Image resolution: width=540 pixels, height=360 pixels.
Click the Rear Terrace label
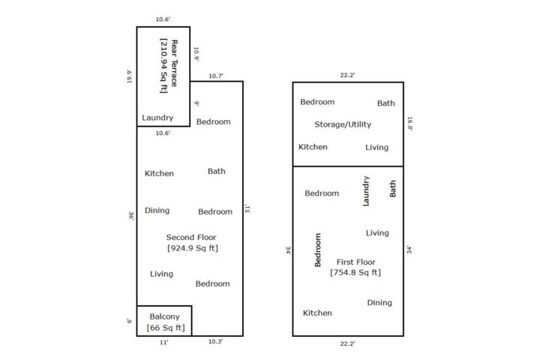tap(174, 63)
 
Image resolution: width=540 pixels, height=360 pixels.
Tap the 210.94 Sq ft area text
tap(163, 65)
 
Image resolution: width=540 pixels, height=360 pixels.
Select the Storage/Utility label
tap(343, 124)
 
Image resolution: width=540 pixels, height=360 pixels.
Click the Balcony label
tap(164, 316)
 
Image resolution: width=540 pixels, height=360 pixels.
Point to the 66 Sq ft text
tap(166, 328)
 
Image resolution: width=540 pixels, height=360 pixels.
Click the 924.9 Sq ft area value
tap(193, 248)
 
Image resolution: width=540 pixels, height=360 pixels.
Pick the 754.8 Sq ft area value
tap(355, 272)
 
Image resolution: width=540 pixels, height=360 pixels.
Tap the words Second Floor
tap(191, 237)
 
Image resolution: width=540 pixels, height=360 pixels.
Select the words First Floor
tap(355, 262)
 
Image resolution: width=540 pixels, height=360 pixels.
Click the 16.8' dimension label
tap(409, 124)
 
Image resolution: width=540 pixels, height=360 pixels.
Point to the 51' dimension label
tap(247, 208)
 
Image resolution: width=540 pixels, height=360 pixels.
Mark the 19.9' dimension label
tap(129, 76)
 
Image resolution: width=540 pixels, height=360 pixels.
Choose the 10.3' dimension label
tap(215, 341)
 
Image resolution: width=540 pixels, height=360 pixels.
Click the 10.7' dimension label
tap(216, 76)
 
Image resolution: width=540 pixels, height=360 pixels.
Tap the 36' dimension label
tap(131, 216)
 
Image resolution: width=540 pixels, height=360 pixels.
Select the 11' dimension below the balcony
tap(164, 343)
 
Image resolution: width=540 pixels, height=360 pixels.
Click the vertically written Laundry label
tap(366, 191)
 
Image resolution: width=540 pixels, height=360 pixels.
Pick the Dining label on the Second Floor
tap(157, 210)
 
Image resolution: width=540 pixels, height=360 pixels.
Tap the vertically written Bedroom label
tap(318, 250)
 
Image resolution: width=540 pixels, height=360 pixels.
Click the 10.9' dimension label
tap(196, 54)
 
